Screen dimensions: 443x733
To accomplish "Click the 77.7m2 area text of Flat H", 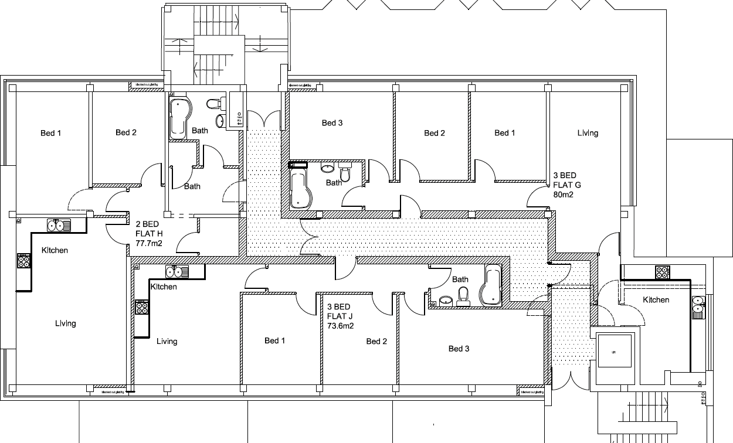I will pyautogui.click(x=149, y=241).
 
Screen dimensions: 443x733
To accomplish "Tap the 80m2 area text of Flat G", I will pyautogui.click(x=563, y=195).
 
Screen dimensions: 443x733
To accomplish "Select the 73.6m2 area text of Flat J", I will pyautogui.click(x=340, y=326).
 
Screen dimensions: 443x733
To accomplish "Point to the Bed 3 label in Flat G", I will pyautogui.click(x=332, y=122).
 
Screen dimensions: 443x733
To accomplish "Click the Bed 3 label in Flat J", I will pyautogui.click(x=459, y=349).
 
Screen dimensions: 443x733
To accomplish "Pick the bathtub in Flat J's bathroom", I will pyautogui.click(x=490, y=285).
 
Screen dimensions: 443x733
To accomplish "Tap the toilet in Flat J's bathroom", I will pyautogui.click(x=463, y=295).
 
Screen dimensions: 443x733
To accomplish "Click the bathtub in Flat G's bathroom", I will pyautogui.click(x=300, y=187).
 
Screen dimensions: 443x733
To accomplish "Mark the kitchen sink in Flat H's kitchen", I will pyautogui.click(x=59, y=224).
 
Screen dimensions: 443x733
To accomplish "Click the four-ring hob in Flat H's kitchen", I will pyautogui.click(x=23, y=261).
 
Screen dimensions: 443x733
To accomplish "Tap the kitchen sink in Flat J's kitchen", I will pyautogui.click(x=177, y=271).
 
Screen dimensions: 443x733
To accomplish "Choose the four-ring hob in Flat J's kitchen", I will pyautogui.click(x=142, y=307).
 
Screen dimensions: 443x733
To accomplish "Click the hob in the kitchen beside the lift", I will pyautogui.click(x=662, y=272).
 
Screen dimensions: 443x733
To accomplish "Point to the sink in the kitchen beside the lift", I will pyautogui.click(x=698, y=306).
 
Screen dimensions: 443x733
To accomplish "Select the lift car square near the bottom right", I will pyautogui.click(x=614, y=352).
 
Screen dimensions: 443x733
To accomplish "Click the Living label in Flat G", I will pyautogui.click(x=588, y=133).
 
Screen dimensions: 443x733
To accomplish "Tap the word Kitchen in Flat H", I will pyautogui.click(x=55, y=250).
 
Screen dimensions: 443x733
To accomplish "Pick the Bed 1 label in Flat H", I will pyautogui.click(x=51, y=133).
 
